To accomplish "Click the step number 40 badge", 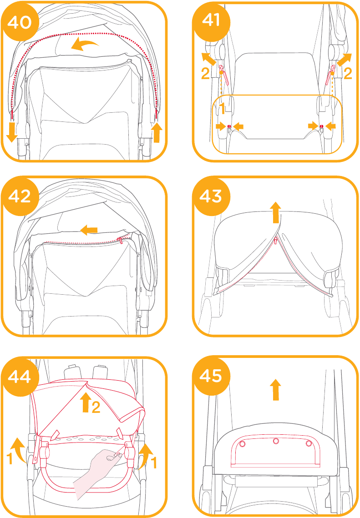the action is pos(20,22).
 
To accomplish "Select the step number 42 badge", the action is pos(20,196).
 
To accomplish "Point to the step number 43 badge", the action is pos(212,196).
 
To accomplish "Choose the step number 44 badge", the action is pos(20,376).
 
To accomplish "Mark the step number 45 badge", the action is pos(212,376).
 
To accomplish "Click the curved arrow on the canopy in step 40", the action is pos(85,44).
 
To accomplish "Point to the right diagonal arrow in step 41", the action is pos(345,60).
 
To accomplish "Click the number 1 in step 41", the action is pos(223,108).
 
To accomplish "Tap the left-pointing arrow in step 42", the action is pos(89,230).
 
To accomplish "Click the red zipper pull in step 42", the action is pos(121,241).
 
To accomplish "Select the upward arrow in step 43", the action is pos(275,213).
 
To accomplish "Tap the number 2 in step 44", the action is pos(96,407).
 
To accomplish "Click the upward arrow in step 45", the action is pos(275,390).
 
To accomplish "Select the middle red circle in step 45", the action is pos(276,441).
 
